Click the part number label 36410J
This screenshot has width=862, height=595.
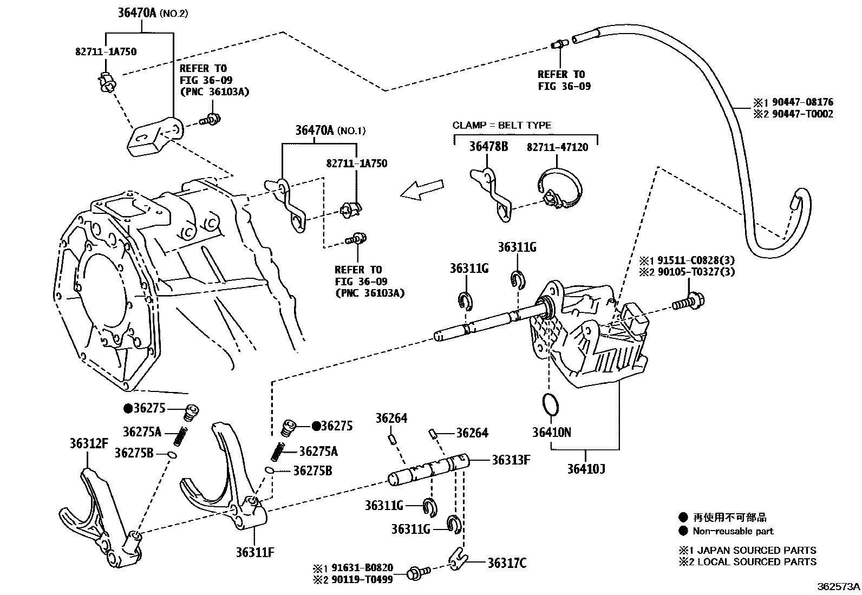tap(586, 468)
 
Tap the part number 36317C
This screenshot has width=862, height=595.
tap(506, 564)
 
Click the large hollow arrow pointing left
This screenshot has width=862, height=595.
tap(422, 190)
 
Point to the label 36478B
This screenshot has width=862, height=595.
tap(488, 146)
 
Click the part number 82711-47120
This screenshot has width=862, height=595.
tap(557, 147)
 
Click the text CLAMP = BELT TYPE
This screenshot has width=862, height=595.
tap(501, 125)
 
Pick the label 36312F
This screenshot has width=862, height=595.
tap(88, 444)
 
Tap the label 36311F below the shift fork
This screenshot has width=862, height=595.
tap(254, 552)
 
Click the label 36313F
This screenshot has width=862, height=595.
tap(511, 460)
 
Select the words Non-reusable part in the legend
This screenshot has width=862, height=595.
tap(733, 531)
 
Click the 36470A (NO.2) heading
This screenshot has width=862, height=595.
tap(153, 13)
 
